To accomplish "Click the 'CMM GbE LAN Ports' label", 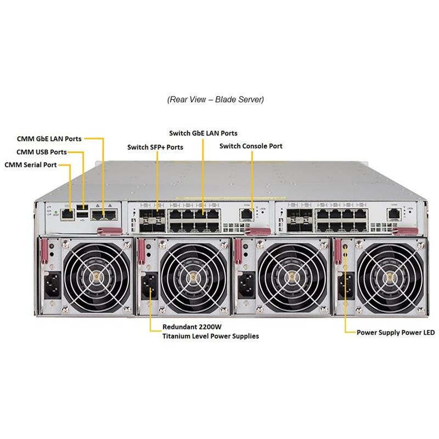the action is click(49, 139).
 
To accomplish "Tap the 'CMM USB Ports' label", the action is click(42, 152).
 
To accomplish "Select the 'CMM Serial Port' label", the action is click(31, 165).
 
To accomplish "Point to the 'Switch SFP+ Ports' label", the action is click(155, 147).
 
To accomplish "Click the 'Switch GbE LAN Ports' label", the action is click(203, 133).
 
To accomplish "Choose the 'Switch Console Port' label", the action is click(251, 146).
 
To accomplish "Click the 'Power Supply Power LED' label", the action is click(396, 333).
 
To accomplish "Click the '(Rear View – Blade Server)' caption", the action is click(216, 99).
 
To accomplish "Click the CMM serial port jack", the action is click(67, 215).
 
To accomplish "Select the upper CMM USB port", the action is click(82, 207).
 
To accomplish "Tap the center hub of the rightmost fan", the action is click(390, 277).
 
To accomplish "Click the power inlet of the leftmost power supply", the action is click(52, 285).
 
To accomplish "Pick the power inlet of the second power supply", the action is click(150, 286).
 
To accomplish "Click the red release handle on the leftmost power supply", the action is click(44, 252).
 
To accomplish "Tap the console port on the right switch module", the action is click(394, 214).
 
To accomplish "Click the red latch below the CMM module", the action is click(109, 231).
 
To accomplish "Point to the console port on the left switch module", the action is click(246, 214).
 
